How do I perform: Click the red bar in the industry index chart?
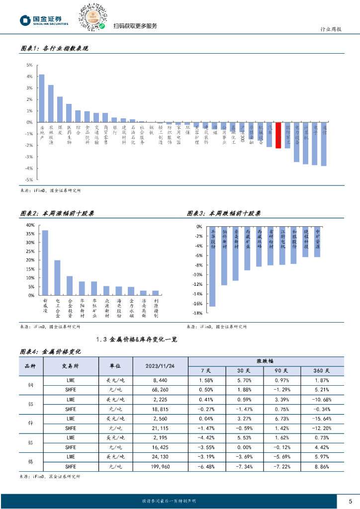278,135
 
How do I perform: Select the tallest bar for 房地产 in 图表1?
42,98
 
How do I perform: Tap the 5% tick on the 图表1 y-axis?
29,65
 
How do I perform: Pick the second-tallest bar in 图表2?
57,278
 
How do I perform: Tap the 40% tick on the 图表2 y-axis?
30,225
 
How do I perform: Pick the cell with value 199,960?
160,467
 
